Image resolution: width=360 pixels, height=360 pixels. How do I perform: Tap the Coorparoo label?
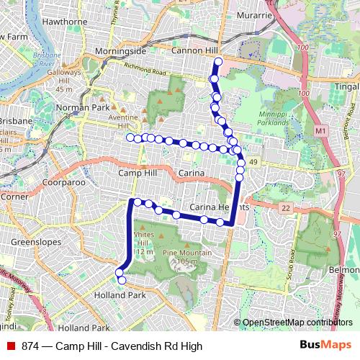coord(64,183)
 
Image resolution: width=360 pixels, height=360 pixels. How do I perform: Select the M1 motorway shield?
coord(320,131)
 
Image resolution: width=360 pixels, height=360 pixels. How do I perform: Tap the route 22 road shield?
coord(286,208)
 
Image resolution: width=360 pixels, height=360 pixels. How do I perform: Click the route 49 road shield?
coord(253,163)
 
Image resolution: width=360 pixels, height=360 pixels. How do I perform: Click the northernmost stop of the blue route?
coord(218,62)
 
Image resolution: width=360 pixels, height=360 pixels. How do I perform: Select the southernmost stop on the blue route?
coord(122,280)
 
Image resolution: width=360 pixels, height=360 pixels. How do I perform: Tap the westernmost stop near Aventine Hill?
coord(130,138)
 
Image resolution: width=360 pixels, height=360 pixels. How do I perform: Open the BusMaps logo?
coord(326,346)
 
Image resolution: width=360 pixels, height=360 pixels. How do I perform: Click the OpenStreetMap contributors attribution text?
coord(297,323)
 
